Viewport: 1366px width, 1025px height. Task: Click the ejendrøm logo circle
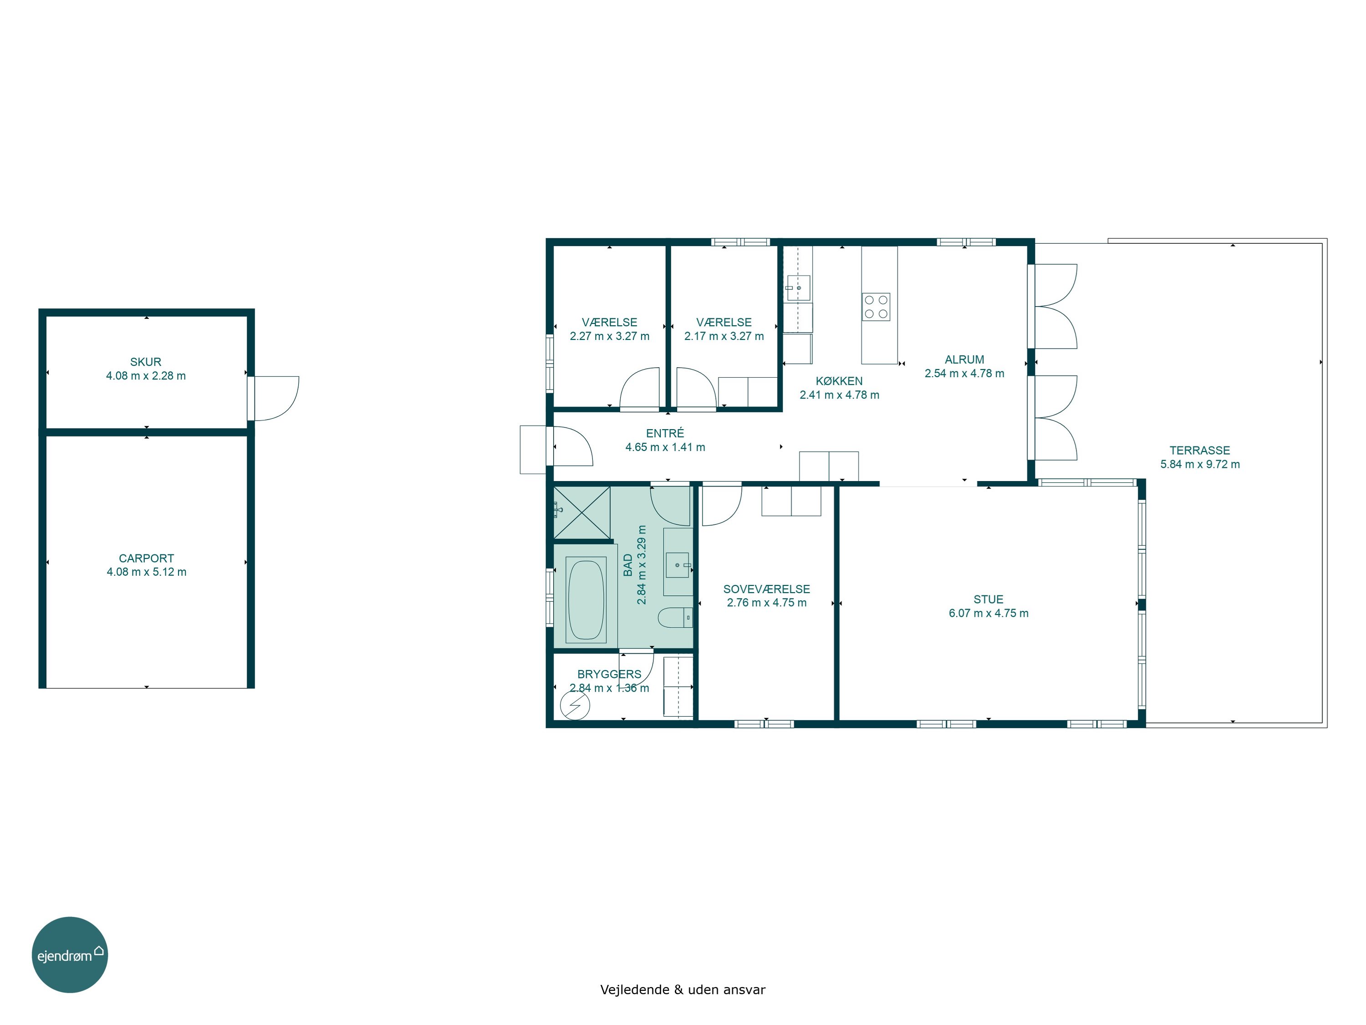(x=70, y=954)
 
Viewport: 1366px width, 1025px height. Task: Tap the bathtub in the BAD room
(x=586, y=600)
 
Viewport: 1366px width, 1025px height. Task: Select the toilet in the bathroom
(x=675, y=617)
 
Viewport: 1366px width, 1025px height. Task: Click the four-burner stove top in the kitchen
(x=876, y=307)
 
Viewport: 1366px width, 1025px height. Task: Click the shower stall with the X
(x=582, y=512)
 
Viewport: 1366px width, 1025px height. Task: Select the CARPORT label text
(x=146, y=558)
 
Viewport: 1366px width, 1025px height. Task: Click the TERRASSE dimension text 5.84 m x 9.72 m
(x=1200, y=464)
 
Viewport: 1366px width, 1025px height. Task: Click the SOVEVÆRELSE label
(x=766, y=589)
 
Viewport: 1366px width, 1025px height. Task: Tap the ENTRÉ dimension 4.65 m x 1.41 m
(x=665, y=447)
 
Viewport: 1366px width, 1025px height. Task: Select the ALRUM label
(x=964, y=359)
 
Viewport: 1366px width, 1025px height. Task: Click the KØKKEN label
(x=839, y=380)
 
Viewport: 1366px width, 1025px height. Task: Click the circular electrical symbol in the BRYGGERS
(x=575, y=705)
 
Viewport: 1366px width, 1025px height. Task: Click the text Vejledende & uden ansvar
(x=683, y=989)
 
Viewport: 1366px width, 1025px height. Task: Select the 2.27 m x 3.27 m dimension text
(x=610, y=336)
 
